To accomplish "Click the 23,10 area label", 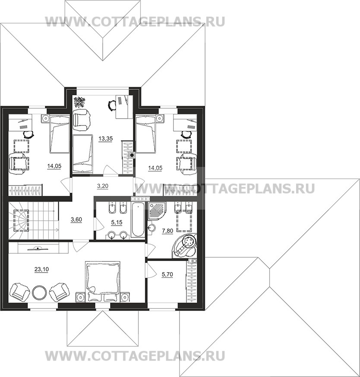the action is coord(41,270).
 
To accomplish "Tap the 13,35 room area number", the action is coord(106,139).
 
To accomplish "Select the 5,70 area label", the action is coord(167,274).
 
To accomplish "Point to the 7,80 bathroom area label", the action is coord(167,231).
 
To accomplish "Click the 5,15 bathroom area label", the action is coord(117,223).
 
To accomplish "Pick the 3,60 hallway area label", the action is coord(76,220).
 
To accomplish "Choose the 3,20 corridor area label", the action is coord(103,186).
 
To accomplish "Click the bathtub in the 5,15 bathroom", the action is coord(138,220).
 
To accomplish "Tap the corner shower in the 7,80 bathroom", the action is coord(156,211).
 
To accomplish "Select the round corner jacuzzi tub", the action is coord(185,246).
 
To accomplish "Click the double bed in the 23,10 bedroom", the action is coord(102,281).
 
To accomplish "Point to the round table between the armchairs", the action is coord(39,292).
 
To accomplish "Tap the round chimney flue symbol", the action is coord(132,155).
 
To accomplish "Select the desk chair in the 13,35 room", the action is coord(111,105).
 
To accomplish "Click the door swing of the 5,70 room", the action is coord(151,270).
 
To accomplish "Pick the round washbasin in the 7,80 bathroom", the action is coord(152,228).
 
